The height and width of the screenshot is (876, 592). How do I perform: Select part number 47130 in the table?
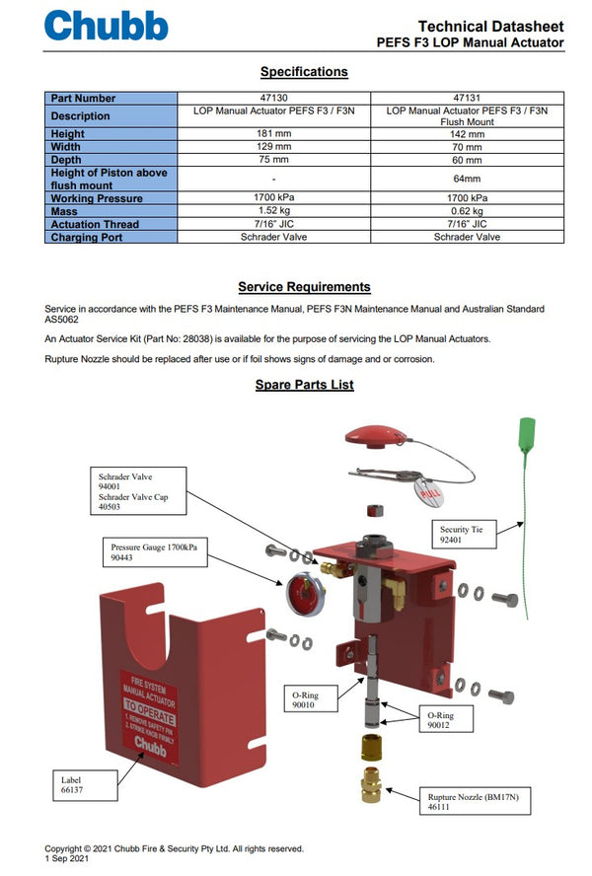(274, 98)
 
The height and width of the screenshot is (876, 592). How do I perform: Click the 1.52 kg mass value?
(274, 211)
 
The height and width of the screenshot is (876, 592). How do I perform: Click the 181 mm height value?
(274, 134)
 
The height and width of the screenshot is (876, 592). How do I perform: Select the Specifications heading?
(304, 72)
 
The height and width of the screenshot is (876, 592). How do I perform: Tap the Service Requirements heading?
(304, 287)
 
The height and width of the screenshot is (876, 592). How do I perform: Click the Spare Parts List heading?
(304, 385)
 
